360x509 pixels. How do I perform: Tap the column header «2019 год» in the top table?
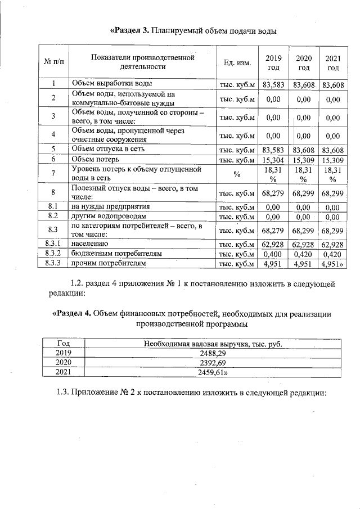tap(273, 62)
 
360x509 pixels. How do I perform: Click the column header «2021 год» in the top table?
tap(333, 62)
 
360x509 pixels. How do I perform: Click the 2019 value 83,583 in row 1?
tap(273, 85)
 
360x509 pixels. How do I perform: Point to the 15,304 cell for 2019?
tap(273, 159)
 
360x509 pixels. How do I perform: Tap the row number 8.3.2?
tap(53, 253)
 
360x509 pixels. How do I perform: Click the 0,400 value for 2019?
tap(273, 254)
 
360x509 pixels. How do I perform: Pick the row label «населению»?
tap(93, 244)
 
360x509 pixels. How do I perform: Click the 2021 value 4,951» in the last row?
tap(333, 263)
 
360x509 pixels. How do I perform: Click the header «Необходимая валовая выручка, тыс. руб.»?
tap(213, 344)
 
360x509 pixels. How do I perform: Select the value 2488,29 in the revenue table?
tap(213, 353)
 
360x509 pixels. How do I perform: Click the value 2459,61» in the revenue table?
tap(214, 372)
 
